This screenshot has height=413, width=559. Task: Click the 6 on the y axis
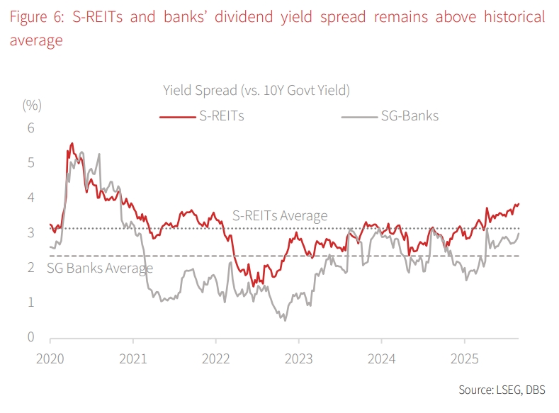coord(30,128)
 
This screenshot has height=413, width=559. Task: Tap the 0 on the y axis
coord(30,337)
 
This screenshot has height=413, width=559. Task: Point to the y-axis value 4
coord(30,198)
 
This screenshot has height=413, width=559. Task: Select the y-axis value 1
coord(30,302)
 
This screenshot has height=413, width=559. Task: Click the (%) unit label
coord(32,105)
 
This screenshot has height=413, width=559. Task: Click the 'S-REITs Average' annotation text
coord(280,216)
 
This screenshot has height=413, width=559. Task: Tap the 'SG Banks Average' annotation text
coord(100,268)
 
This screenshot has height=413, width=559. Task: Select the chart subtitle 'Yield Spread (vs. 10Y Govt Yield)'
coord(256,90)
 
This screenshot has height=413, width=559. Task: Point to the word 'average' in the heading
coord(36,41)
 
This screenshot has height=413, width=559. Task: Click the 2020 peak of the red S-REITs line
coord(72,144)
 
